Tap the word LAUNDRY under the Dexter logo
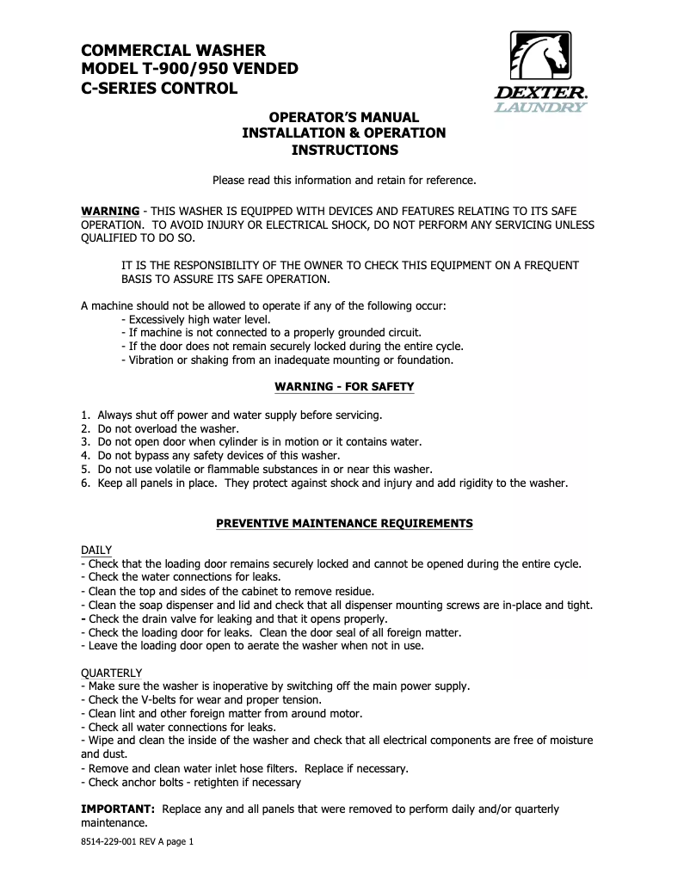coord(540,108)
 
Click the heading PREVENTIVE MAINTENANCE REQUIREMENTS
coord(344,523)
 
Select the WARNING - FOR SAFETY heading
coord(344,387)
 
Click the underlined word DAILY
coord(96,550)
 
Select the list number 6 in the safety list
coord(85,483)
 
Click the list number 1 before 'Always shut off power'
coord(85,415)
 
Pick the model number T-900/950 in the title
coord(193,69)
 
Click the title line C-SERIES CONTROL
coord(159,88)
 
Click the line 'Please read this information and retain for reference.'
coord(344,181)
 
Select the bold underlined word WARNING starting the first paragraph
coord(110,211)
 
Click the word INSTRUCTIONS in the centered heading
coord(344,150)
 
